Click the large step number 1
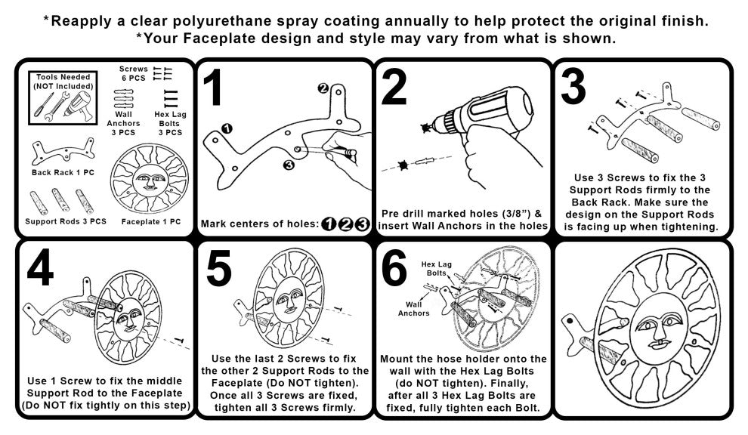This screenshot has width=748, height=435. pyautogui.click(x=212, y=88)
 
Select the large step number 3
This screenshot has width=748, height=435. pyautogui.click(x=574, y=86)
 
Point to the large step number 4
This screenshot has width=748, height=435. pyautogui.click(x=40, y=269)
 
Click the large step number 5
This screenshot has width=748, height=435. pyautogui.click(x=219, y=269)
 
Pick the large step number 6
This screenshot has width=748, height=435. pyautogui.click(x=394, y=269)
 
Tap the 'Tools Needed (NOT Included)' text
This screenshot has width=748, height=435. pyautogui.click(x=63, y=82)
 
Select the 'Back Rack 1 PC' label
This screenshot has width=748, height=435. pyautogui.click(x=63, y=173)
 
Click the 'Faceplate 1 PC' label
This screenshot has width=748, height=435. pyautogui.click(x=151, y=222)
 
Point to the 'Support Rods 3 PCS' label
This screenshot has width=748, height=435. pyautogui.click(x=66, y=222)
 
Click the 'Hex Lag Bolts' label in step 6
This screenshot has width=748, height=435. pyautogui.click(x=437, y=269)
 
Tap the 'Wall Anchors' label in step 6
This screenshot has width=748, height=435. pyautogui.click(x=414, y=309)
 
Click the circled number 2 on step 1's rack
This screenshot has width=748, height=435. pyautogui.click(x=323, y=88)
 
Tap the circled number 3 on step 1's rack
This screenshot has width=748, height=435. pyautogui.click(x=288, y=165)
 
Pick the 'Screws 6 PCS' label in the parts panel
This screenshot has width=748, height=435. pyautogui.click(x=133, y=73)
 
